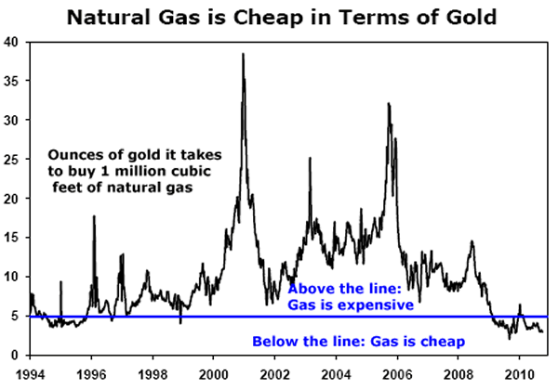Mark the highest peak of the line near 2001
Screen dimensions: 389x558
tap(243, 54)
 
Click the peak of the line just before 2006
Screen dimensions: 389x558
tap(389, 103)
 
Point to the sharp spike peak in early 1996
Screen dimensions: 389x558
tap(93, 216)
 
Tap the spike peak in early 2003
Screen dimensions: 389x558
tap(310, 159)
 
